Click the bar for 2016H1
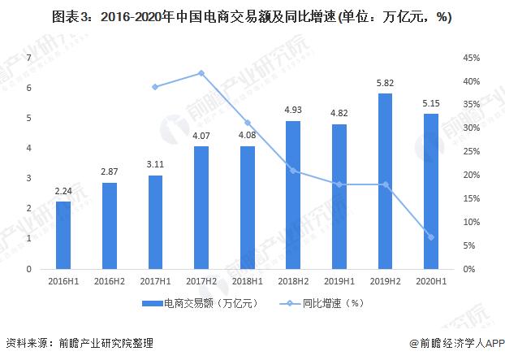tap(63, 236)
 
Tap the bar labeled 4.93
tap(293, 195)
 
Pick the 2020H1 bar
tap(431, 192)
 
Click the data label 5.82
tap(385, 83)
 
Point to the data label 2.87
tap(109, 172)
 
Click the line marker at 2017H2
tap(201, 73)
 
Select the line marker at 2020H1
tap(431, 236)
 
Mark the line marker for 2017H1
tap(155, 87)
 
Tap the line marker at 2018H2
tap(293, 171)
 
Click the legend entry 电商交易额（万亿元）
tap(199, 305)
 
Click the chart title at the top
tap(252, 15)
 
